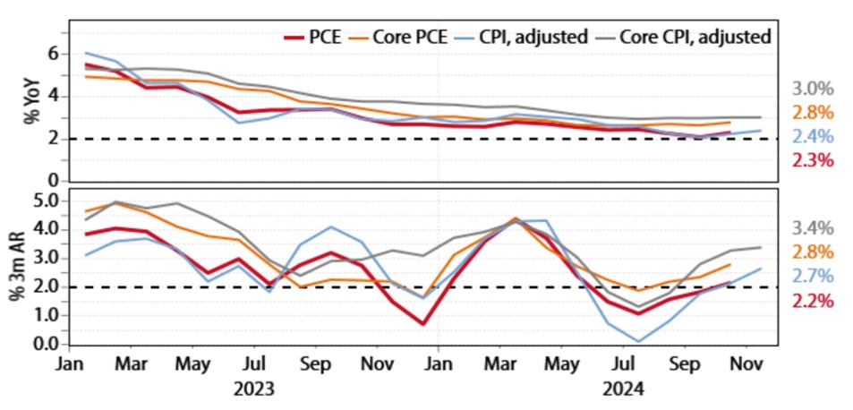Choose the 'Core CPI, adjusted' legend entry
694,37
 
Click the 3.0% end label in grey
814,89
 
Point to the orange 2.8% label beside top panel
814,113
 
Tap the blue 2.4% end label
814,137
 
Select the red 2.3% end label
814,161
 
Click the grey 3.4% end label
814,228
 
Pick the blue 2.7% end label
814,277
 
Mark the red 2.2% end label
814,301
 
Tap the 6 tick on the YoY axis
53,55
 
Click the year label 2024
621,389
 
